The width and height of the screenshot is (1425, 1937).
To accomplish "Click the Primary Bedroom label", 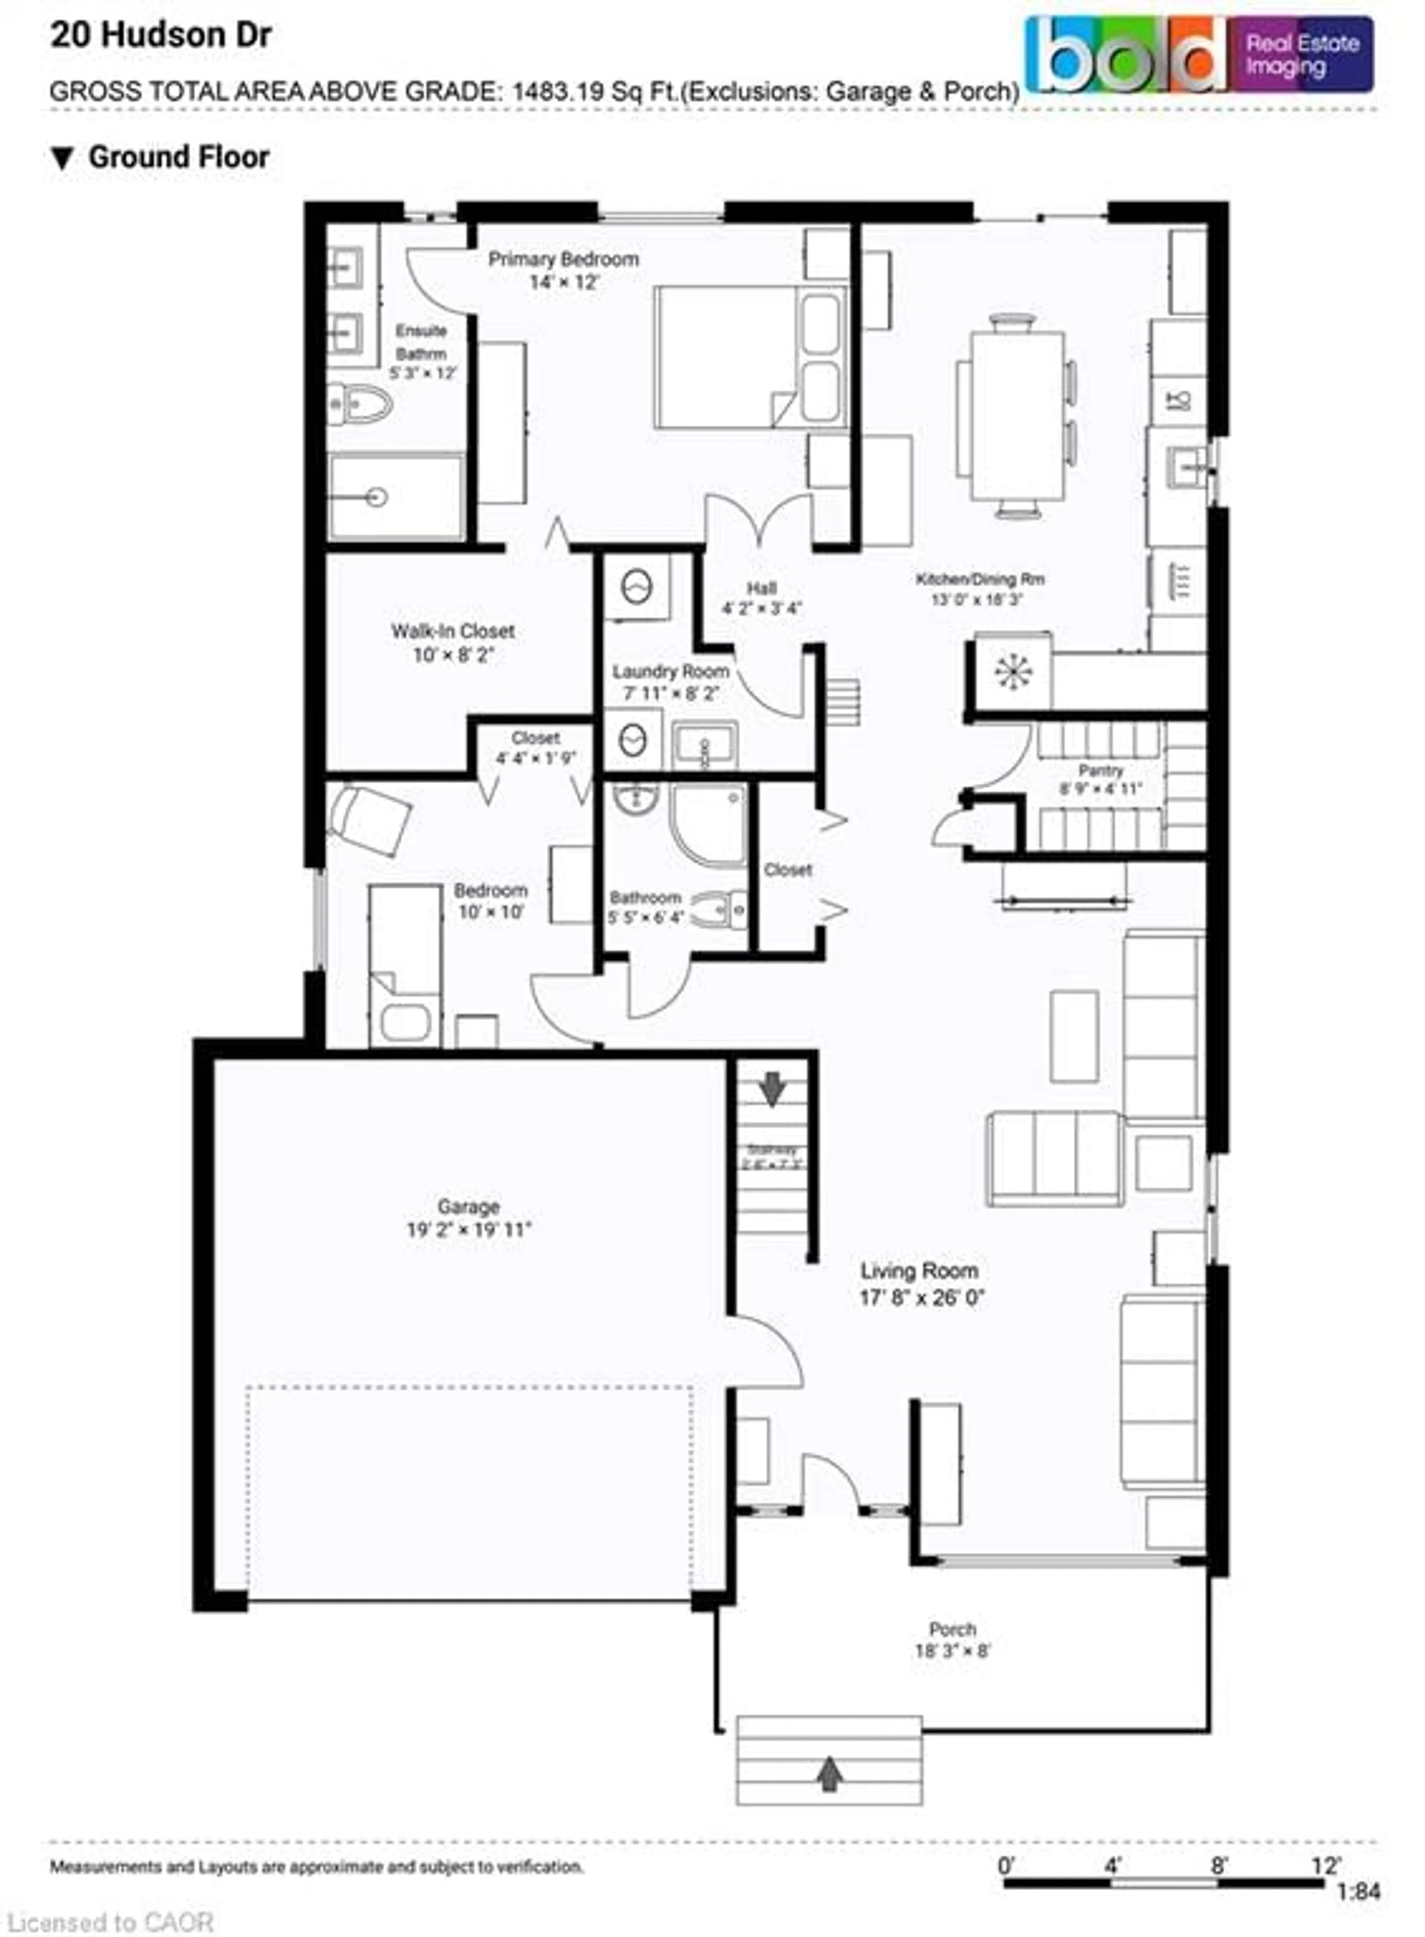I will [x=563, y=259].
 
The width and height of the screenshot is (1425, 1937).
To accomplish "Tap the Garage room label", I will [x=468, y=1206].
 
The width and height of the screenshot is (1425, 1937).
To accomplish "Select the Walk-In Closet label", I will [x=453, y=631].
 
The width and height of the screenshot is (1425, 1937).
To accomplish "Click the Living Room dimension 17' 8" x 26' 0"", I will [x=921, y=1297].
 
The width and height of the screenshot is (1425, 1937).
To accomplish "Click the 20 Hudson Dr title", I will [x=161, y=35].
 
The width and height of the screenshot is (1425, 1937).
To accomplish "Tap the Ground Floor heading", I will [x=178, y=157].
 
